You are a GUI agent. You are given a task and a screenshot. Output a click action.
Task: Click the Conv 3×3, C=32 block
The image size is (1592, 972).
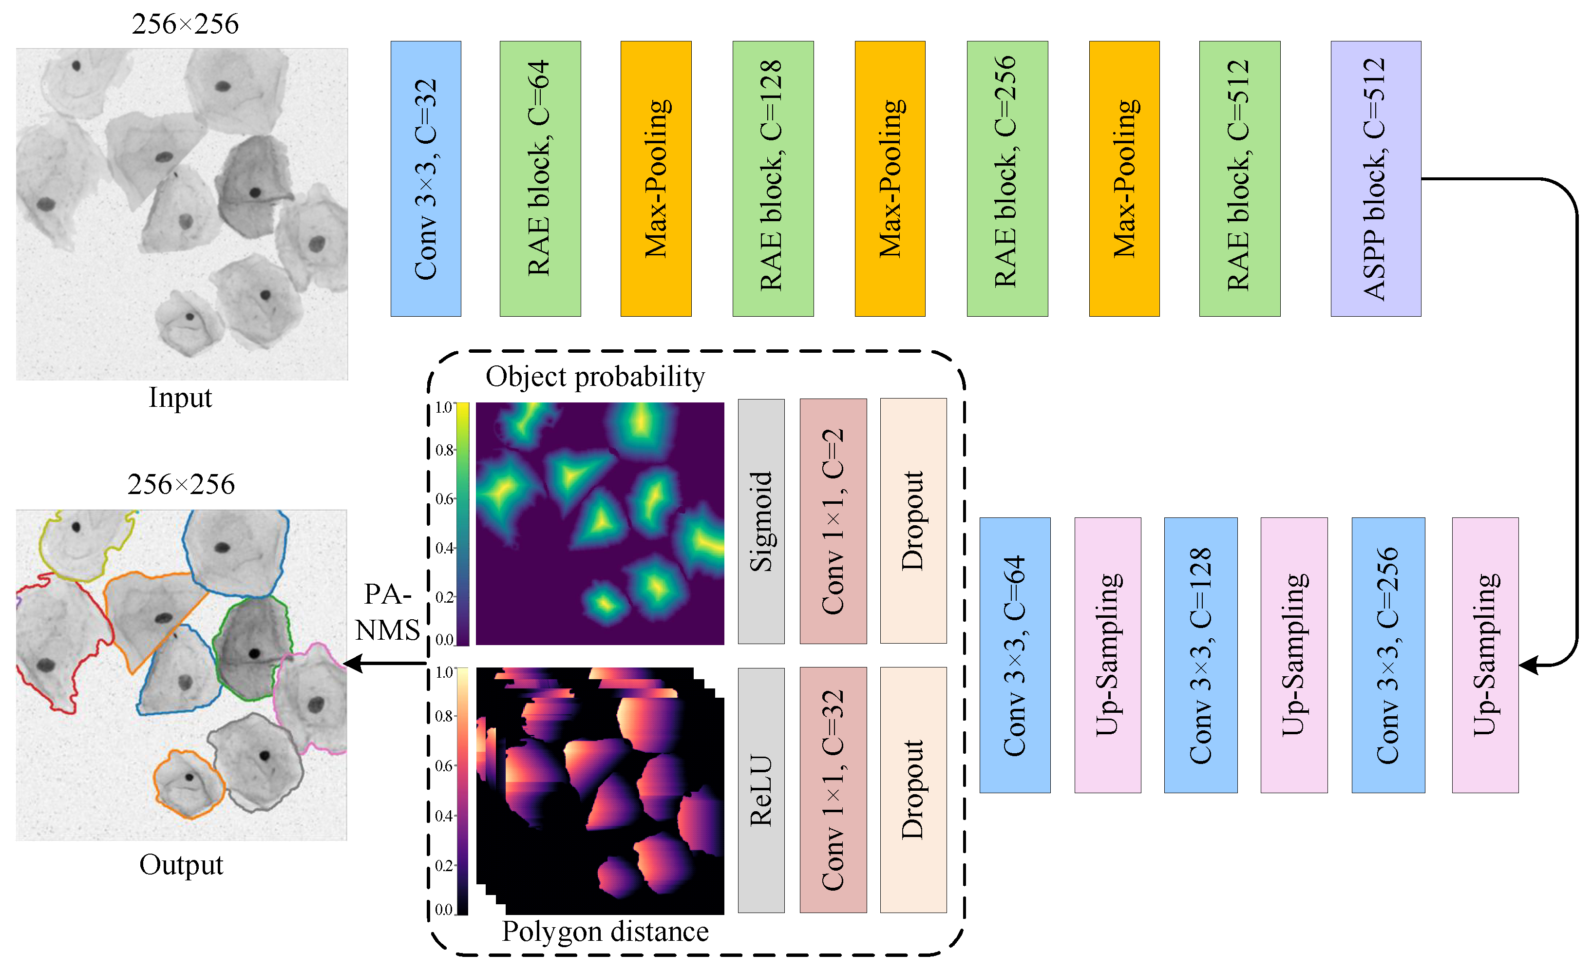(x=425, y=178)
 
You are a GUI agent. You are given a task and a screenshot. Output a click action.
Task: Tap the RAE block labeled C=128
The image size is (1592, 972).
(x=772, y=178)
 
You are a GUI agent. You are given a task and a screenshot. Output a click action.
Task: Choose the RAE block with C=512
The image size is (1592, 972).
(x=1239, y=178)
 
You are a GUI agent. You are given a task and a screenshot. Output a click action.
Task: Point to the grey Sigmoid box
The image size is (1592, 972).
(x=760, y=521)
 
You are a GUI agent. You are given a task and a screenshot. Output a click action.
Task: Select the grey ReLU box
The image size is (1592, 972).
(x=760, y=790)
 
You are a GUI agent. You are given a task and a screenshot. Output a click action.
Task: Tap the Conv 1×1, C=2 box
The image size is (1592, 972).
(x=833, y=521)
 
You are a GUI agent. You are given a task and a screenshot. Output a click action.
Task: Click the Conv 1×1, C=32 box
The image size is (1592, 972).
(x=833, y=790)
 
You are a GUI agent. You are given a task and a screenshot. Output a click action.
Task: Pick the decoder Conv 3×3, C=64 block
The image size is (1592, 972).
(x=1014, y=655)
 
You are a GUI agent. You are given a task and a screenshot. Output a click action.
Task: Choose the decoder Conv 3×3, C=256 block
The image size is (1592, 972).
(x=1387, y=655)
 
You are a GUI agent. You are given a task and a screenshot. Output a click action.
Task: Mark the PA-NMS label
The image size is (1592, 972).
(x=388, y=611)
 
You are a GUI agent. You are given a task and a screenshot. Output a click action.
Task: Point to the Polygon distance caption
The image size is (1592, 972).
(x=605, y=931)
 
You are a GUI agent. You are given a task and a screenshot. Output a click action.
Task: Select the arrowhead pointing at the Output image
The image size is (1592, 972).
(x=353, y=663)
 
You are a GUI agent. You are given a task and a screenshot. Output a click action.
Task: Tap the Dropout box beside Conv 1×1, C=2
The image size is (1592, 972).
(x=912, y=521)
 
